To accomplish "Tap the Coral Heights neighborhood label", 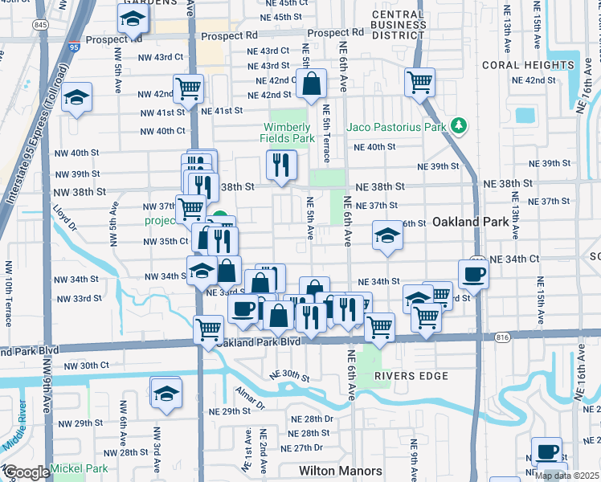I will coord(528,64).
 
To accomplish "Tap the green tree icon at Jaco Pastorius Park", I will coord(459,125).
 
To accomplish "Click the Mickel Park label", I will coord(79,468).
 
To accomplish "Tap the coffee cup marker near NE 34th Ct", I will coord(474,275).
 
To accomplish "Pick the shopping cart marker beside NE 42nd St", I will coord(420,82).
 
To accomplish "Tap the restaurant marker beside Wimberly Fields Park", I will coord(281,165).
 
